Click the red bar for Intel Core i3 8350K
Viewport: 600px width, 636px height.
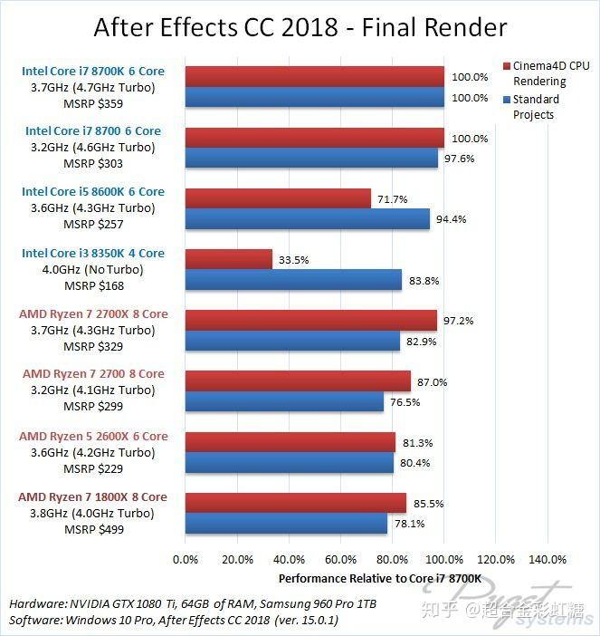pos(228,259)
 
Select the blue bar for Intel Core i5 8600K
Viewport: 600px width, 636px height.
pos(307,218)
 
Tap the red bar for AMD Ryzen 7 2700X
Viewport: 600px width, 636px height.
pos(310,321)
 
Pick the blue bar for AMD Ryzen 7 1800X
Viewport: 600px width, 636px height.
pos(286,524)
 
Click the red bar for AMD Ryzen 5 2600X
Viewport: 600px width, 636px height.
pos(290,442)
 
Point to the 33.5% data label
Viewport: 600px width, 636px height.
pos(293,260)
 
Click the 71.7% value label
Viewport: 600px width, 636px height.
pos(392,198)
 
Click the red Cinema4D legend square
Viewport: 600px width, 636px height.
pos(506,66)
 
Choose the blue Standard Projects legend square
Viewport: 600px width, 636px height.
pos(506,100)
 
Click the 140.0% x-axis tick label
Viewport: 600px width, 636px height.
pos(547,559)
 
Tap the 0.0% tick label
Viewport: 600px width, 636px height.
pos(185,559)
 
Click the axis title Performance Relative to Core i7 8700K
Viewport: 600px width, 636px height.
pos(379,578)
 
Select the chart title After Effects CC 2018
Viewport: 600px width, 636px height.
pos(300,27)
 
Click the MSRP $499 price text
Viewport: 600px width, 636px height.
pos(93,529)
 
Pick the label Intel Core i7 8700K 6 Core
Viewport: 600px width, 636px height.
pos(93,70)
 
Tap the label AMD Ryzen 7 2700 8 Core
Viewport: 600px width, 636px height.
pos(93,373)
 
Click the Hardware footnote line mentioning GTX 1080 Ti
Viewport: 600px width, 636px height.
pos(194,603)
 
